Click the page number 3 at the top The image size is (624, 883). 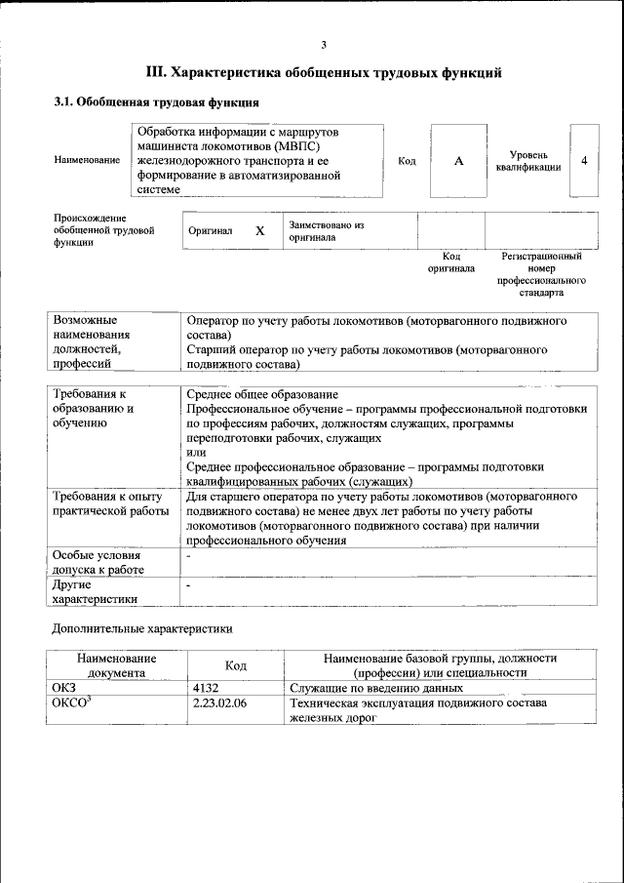click(x=324, y=44)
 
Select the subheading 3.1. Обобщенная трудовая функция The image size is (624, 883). click(x=156, y=101)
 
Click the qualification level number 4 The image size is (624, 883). click(x=584, y=161)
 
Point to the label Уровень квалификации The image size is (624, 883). click(x=527, y=161)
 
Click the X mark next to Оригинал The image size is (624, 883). click(x=259, y=231)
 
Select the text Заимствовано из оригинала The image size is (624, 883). click(x=326, y=231)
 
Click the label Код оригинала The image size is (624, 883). click(x=450, y=261)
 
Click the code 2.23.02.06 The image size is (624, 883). click(x=219, y=702)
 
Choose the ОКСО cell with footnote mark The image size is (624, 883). click(x=70, y=702)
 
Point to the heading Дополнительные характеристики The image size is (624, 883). click(x=142, y=629)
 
